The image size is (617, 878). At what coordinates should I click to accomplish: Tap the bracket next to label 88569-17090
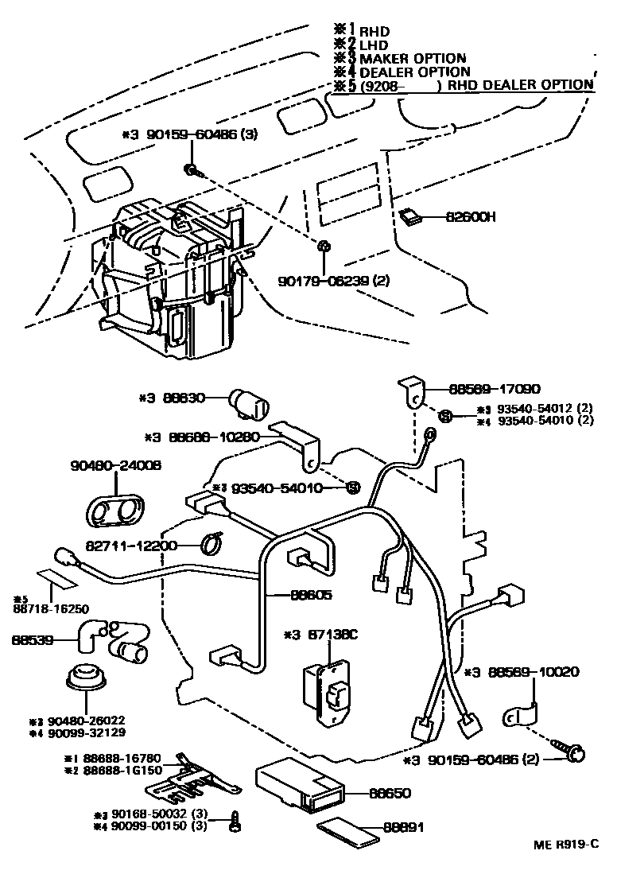point(413,393)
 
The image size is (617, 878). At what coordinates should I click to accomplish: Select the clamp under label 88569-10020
point(521,715)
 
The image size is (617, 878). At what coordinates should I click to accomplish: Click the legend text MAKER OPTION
point(412,58)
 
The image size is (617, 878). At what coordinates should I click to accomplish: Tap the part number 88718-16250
point(51,609)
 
